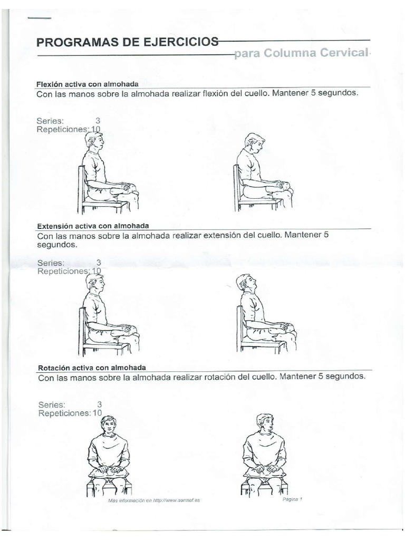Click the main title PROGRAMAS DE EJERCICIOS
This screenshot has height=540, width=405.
click(127, 42)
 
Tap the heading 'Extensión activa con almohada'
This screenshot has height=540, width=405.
click(93, 226)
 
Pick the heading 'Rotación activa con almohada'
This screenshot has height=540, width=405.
click(92, 367)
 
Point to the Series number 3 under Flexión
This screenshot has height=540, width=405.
click(98, 120)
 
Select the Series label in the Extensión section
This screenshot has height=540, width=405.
click(51, 262)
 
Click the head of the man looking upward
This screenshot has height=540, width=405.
click(246, 283)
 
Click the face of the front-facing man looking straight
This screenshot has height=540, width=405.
click(109, 426)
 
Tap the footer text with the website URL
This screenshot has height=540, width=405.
click(154, 500)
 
